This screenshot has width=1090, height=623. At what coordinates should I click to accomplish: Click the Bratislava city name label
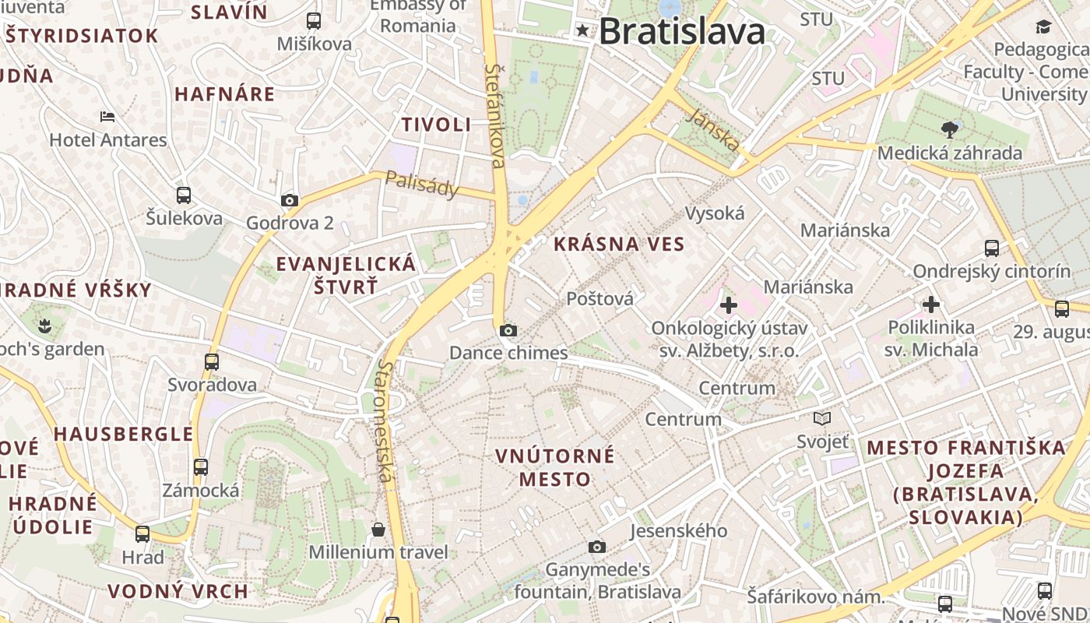[682, 32]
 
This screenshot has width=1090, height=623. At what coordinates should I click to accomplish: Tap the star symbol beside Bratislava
[583, 31]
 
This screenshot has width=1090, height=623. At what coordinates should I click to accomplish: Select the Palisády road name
[422, 184]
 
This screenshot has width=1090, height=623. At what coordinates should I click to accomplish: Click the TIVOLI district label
[436, 125]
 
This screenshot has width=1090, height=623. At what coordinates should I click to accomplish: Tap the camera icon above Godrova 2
[290, 200]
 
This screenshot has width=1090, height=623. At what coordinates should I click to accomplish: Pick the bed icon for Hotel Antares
[107, 118]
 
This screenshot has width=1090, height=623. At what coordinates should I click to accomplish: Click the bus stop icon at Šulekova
[184, 195]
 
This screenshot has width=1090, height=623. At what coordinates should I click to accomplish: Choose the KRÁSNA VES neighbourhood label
[619, 245]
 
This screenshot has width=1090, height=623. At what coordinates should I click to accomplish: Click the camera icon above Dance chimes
[508, 330]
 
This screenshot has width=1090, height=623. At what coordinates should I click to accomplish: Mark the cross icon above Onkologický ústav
[729, 305]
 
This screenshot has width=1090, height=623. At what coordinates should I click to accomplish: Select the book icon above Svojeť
[822, 419]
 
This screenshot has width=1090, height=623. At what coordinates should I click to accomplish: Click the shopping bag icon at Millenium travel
[378, 530]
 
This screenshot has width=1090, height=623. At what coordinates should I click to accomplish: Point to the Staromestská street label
[383, 421]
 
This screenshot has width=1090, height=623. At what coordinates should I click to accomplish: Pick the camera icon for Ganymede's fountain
[597, 547]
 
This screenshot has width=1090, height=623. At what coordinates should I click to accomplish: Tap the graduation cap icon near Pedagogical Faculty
[1043, 28]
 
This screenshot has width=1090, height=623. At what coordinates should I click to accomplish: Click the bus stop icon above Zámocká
[201, 467]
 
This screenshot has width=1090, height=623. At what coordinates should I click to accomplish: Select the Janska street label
[714, 129]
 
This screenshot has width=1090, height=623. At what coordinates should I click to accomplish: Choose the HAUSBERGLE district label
[123, 434]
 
